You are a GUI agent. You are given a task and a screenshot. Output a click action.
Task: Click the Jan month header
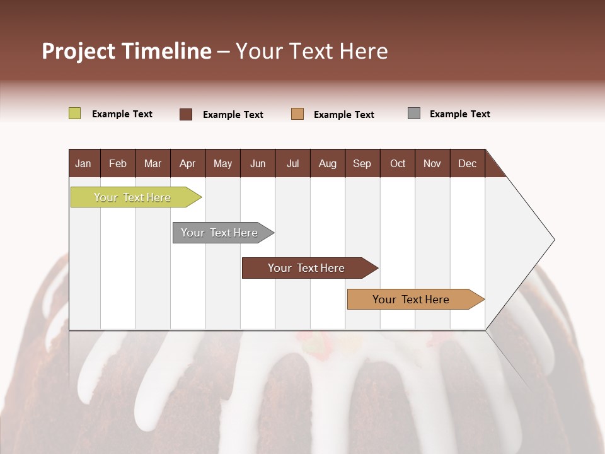tap(83, 163)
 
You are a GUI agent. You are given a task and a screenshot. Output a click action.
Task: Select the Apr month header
tap(187, 163)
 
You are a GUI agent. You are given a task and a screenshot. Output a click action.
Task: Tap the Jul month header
tap(292, 163)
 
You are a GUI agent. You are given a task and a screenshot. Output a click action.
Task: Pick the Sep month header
tap(362, 163)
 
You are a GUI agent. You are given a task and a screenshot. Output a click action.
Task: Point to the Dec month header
tap(467, 163)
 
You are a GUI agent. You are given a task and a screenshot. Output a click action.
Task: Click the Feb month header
tap(118, 163)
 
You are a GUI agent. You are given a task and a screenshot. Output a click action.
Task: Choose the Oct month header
tap(398, 163)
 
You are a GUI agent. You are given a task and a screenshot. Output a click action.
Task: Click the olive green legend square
tap(74, 113)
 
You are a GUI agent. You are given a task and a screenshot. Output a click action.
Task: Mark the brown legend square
tap(186, 114)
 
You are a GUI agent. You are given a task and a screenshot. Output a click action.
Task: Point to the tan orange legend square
tap(297, 114)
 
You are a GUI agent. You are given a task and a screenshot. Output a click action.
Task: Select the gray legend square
tap(414, 113)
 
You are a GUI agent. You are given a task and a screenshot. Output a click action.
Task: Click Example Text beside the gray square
tap(459, 114)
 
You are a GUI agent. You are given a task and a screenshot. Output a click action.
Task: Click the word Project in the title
tap(78, 51)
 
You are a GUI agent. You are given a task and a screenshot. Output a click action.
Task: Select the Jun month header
tap(258, 163)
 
